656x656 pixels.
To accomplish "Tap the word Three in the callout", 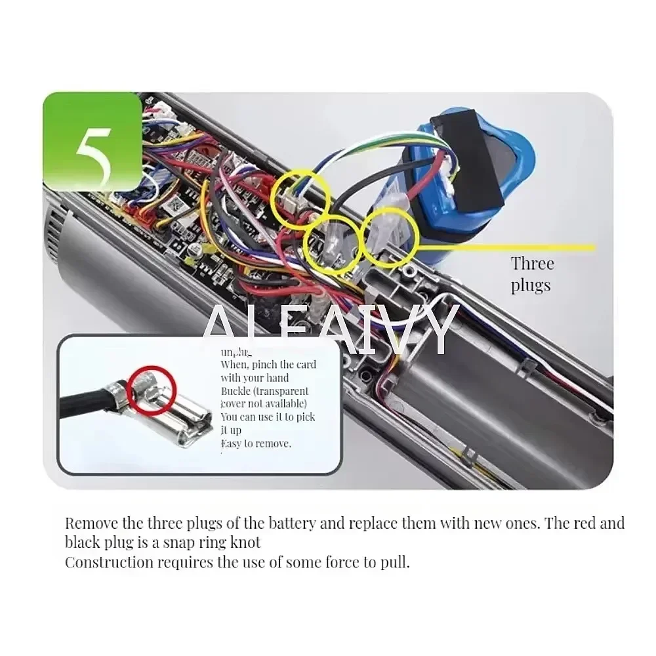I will point(532,264).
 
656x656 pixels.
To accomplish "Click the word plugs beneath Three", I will point(531,285).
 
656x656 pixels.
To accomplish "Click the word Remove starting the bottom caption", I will point(92,523).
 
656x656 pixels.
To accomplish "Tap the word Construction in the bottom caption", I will point(109,562).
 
